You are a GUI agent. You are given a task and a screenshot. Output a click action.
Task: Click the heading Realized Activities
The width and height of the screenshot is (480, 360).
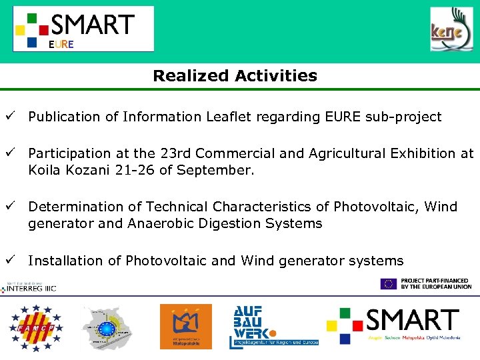coord(235,76)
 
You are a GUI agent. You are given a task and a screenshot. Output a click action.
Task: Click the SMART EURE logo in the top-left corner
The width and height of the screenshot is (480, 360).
coord(83,29)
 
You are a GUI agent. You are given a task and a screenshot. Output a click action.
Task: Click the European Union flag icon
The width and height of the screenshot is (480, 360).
coord(389,284)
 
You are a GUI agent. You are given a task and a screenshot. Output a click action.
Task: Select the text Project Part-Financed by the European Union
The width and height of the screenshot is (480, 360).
coord(436,284)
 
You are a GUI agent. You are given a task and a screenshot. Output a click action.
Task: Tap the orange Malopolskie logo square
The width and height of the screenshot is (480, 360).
coord(185,327)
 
